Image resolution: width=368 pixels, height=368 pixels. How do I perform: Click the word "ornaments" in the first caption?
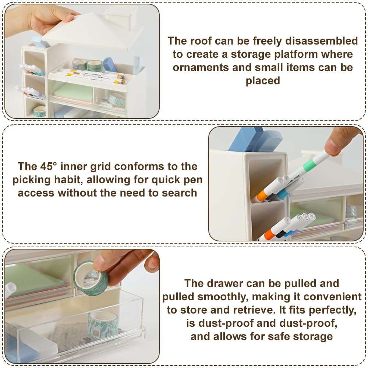point(201,68)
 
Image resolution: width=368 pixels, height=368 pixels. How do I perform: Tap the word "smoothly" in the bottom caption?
point(223,297)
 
